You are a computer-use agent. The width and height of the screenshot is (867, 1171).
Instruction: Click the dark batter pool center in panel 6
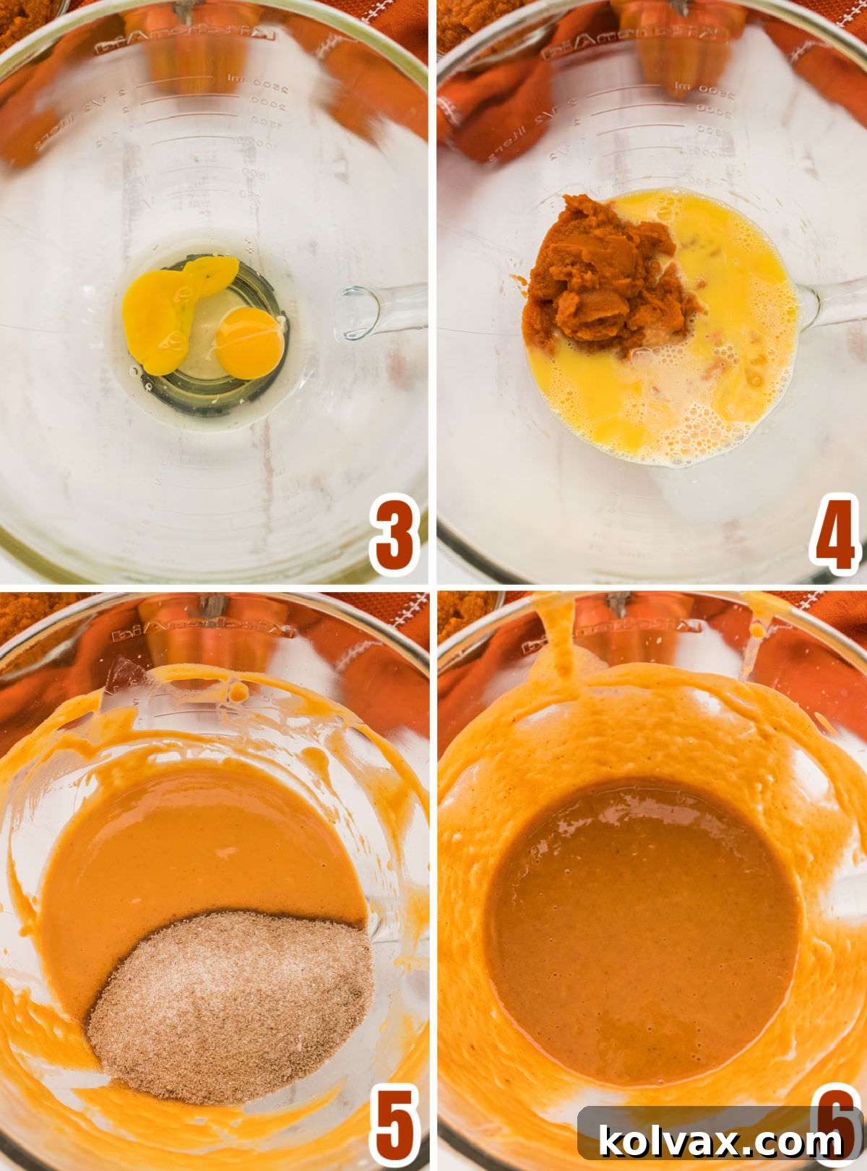click(643, 932)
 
